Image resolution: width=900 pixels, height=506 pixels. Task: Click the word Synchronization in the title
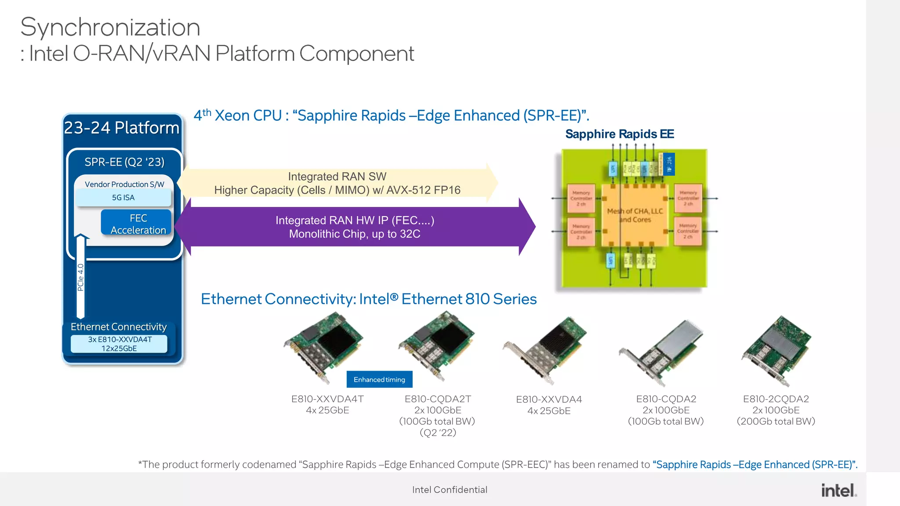(110, 27)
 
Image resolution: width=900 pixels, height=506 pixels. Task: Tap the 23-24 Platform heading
(122, 128)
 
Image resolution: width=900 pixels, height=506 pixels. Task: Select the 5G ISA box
(123, 198)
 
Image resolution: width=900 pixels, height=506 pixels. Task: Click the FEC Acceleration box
(138, 224)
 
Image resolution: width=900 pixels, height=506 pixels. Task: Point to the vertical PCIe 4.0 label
(80, 277)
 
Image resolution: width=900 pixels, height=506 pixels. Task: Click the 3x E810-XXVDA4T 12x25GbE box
(119, 344)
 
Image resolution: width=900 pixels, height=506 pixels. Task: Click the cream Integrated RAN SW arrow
(337, 183)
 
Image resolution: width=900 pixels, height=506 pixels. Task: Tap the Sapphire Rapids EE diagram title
(619, 134)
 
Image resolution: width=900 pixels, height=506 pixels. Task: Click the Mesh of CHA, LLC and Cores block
(635, 215)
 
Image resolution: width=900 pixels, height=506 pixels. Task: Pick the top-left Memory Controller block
(581, 199)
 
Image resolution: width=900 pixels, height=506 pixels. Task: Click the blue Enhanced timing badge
(379, 379)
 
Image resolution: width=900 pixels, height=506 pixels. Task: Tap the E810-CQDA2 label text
(666, 399)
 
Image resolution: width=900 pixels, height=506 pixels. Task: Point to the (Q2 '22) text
(438, 433)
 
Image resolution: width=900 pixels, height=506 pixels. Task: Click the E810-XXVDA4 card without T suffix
(545, 349)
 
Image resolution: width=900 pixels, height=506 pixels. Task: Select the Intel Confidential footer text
(449, 490)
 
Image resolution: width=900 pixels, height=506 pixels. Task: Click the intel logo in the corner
(838, 490)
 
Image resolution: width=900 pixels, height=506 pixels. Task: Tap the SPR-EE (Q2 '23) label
(124, 162)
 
